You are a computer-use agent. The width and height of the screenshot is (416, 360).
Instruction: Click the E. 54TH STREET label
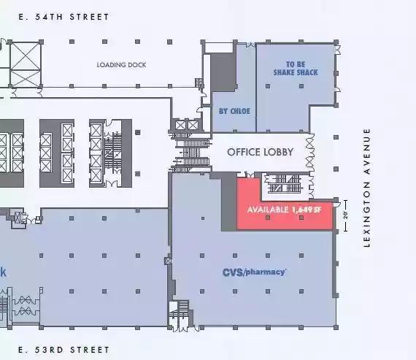[63, 17]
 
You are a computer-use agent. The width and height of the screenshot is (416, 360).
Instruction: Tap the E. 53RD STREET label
[63, 350]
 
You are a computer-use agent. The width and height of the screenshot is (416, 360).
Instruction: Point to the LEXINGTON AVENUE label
[367, 188]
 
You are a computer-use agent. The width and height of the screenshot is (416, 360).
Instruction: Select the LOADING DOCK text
[121, 65]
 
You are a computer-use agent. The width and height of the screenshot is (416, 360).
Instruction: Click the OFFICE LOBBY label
[260, 152]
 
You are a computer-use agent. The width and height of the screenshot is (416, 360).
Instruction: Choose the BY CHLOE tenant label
[234, 111]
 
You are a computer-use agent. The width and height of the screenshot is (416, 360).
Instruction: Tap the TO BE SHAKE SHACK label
[296, 69]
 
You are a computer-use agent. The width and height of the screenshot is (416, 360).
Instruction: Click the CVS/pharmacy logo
[254, 272]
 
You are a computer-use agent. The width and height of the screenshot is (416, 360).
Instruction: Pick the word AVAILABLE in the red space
[268, 210]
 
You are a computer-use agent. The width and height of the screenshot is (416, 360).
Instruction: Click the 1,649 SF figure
[307, 210]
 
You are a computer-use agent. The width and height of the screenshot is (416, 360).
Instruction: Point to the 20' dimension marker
[345, 215]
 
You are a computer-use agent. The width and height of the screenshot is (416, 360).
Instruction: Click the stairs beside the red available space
[285, 184]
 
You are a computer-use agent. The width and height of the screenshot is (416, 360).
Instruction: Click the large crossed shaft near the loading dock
[26, 64]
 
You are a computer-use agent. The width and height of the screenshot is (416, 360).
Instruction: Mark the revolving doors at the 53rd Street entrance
[26, 305]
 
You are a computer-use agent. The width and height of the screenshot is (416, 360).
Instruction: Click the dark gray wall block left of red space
[229, 202]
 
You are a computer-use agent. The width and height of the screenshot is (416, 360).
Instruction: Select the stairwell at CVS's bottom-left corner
[179, 315]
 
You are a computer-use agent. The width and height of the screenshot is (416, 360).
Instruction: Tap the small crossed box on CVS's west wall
[168, 261]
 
